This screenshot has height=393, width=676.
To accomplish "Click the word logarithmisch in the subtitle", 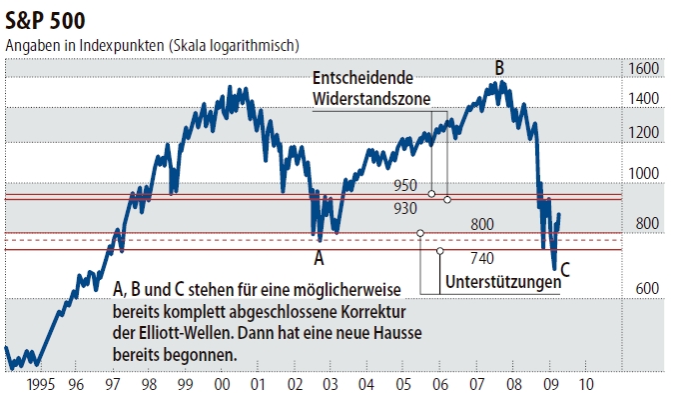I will [252, 46].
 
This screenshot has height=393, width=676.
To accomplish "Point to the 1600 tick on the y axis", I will [643, 68].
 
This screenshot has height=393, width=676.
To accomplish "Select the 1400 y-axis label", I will [643, 98].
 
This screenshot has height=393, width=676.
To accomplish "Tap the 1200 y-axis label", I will [643, 132].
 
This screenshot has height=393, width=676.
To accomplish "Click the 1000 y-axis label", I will [643, 173].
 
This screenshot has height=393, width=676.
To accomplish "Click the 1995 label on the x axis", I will [43, 383].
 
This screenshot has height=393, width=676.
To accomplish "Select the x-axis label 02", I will [295, 383].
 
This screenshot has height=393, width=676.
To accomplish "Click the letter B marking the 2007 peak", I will [499, 68].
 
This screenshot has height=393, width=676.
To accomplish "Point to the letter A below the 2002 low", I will [320, 257].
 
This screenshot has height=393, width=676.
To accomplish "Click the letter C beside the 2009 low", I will [565, 268].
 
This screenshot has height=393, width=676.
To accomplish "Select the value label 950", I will [404, 186].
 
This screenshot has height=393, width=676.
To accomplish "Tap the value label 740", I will [454, 258].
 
